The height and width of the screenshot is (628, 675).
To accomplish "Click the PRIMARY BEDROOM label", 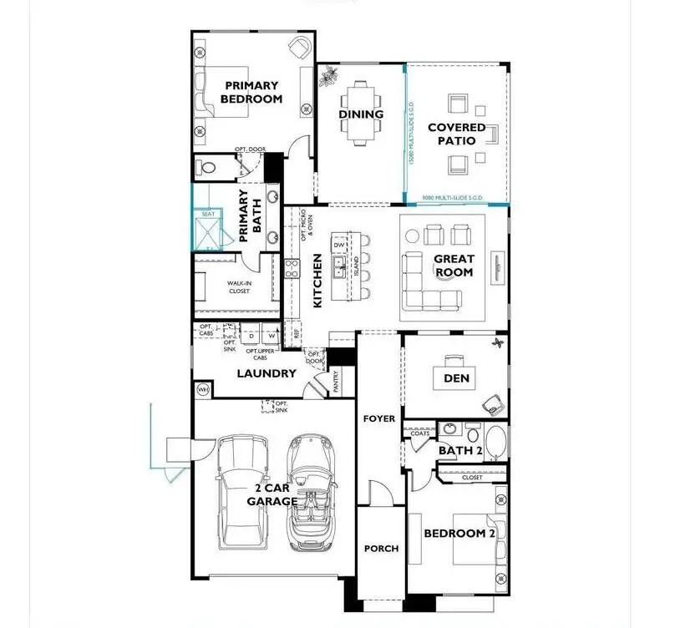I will click(251, 91).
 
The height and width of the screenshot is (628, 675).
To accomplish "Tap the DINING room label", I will click(361, 114).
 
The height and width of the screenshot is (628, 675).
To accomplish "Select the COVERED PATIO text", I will click(456, 134).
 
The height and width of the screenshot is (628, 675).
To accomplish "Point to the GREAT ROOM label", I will click(454, 266).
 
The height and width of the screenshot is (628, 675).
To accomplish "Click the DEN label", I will click(456, 378).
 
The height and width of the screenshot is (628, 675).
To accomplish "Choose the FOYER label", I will click(379, 418).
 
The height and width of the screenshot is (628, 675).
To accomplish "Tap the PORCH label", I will click(381, 549).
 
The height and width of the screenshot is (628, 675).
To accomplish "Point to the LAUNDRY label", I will click(266, 373).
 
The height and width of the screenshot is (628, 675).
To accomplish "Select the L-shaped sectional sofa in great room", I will click(429, 284).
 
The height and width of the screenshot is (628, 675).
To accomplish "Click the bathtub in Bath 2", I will click(495, 443).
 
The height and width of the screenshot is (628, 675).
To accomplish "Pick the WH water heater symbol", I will click(202, 389).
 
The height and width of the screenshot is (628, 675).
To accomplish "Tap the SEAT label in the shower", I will click(208, 215).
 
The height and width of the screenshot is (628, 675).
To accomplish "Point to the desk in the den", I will click(456, 362).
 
